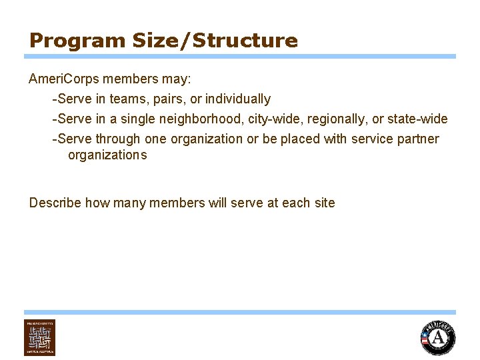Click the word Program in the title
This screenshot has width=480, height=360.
tap(67, 41)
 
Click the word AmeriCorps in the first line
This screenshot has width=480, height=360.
tap(60, 79)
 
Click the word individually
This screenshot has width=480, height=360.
tap(238, 99)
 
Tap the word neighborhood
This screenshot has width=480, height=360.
tap(201, 119)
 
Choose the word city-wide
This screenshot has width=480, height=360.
tap(271, 119)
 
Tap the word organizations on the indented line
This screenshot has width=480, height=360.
tap(107, 155)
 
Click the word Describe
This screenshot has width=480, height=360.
tap(55, 203)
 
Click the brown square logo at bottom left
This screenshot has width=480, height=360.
tap(40, 337)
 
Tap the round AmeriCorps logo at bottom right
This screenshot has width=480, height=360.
tap(438, 337)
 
